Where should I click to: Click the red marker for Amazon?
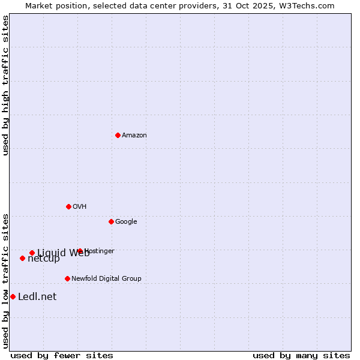point(118,135)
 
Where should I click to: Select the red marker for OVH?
point(68,206)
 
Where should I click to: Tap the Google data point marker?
point(111,221)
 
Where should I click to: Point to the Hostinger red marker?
point(80,251)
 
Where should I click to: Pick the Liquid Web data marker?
point(32,253)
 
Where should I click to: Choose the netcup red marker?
point(22,258)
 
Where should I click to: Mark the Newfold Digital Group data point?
point(67,278)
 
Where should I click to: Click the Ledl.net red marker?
point(13,296)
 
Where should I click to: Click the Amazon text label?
point(134,135)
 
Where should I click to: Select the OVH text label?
point(80,206)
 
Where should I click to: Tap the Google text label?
point(126,221)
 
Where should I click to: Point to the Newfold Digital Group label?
point(106,278)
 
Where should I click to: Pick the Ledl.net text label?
point(37,296)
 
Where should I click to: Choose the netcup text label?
point(44,259)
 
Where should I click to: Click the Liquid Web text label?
point(63,253)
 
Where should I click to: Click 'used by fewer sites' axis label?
point(62,355)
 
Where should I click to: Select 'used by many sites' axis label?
point(301,355)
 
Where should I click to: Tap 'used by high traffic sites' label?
point(5,85)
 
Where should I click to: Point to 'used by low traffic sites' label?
point(5,281)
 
